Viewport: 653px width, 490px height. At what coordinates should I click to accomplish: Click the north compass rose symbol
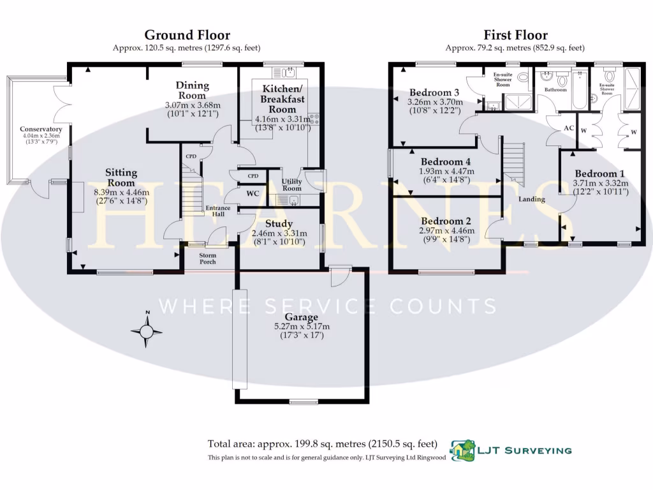tap(146, 331)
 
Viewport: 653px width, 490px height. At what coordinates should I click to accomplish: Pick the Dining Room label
tap(192, 91)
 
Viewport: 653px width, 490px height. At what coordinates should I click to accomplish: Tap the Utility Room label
tap(291, 185)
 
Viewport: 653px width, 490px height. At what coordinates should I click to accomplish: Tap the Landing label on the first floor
tap(531, 199)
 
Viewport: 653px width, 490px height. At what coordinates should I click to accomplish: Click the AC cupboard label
tap(569, 128)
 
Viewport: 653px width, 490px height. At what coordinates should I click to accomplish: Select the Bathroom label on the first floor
tap(555, 90)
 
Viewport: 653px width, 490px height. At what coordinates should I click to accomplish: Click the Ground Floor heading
tap(187, 35)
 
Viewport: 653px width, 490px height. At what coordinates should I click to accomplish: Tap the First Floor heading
tap(515, 35)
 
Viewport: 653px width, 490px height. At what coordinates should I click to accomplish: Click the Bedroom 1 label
tap(599, 174)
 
